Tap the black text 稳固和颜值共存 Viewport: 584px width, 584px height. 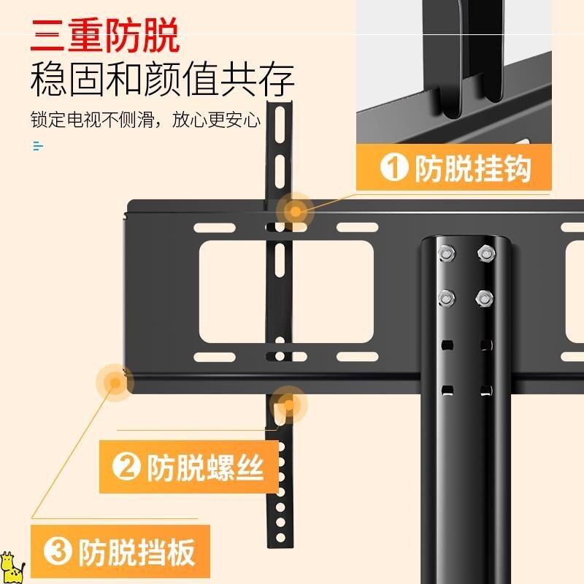(162, 80)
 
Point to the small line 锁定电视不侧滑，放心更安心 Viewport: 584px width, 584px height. (145, 119)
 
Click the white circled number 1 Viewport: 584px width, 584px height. (394, 169)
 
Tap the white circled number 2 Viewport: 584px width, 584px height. (126, 467)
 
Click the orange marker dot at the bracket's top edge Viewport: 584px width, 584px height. (295, 212)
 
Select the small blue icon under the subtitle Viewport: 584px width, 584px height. (38, 146)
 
